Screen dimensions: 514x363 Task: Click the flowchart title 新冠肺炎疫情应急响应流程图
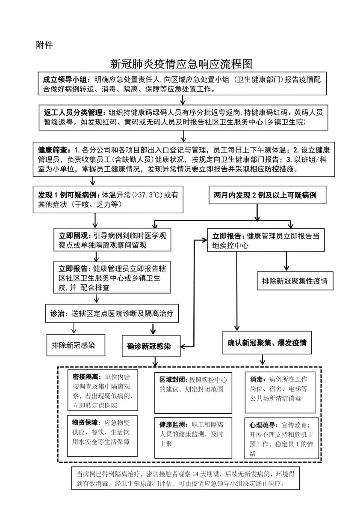[181, 64]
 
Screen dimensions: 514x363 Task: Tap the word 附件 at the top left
[44, 45]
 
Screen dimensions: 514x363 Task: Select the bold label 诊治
[57, 314]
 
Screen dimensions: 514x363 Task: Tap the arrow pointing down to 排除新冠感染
[74, 328]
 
